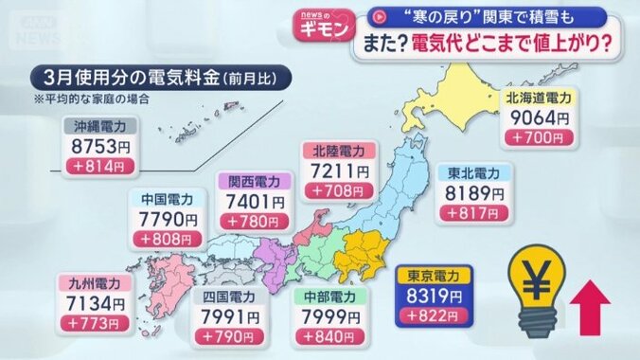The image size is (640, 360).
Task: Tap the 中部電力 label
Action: pyautogui.click(x=329, y=295)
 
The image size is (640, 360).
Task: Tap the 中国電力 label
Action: pyautogui.click(x=167, y=199)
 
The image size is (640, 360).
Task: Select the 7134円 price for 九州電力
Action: pyautogui.click(x=98, y=303)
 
